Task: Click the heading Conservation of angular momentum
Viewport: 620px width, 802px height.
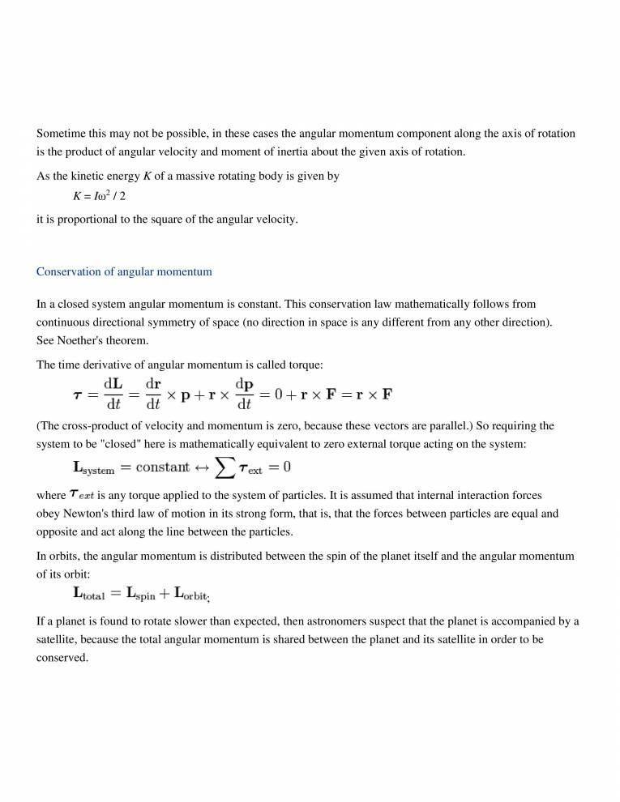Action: [x=124, y=272]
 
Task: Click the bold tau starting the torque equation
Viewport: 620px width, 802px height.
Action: [x=79, y=395]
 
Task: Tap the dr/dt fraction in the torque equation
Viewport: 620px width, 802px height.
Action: [x=153, y=395]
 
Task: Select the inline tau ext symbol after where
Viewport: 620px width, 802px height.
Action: [x=81, y=494]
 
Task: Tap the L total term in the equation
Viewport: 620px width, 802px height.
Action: [x=89, y=595]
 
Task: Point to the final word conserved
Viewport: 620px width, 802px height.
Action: [x=62, y=658]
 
